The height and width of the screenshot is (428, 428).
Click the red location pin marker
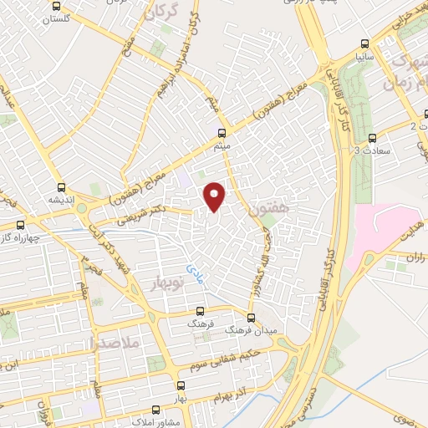point(216,196)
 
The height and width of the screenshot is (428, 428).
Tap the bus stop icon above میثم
point(222,132)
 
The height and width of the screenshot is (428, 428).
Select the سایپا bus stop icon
point(364,43)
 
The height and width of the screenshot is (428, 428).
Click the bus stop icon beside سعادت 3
point(372,139)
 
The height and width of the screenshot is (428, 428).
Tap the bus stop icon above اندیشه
point(61,187)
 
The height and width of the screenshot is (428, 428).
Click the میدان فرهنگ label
point(251,331)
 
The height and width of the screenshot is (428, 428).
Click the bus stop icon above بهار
point(181,385)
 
